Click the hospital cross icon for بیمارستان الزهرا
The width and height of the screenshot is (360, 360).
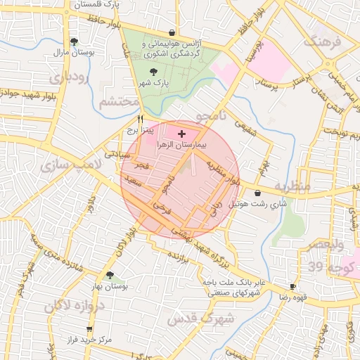[x=182, y=133]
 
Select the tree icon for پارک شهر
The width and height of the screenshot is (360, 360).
[x=154, y=72]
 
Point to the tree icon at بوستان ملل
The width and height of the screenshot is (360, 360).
[x=75, y=41]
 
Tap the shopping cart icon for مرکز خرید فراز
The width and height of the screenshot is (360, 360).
[x=89, y=329]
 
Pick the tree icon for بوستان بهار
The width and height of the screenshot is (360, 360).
[x=110, y=275]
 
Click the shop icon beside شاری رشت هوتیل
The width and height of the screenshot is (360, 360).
[x=258, y=193]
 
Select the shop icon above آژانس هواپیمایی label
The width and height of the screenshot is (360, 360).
[x=172, y=32]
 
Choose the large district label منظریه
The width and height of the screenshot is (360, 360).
[x=291, y=187]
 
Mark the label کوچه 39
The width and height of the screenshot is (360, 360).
[x=324, y=266]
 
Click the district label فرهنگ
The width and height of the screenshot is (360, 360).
[x=321, y=40]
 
